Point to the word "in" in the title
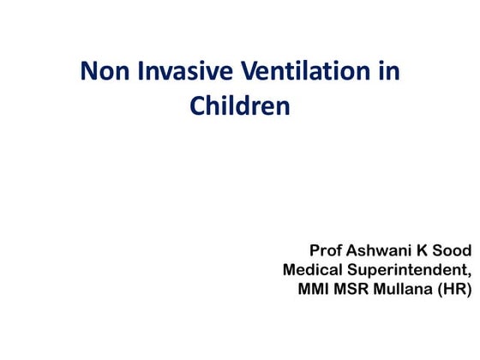[388, 72]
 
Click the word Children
[239, 107]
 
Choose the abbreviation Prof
[327, 250]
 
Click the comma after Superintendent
[470, 274]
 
